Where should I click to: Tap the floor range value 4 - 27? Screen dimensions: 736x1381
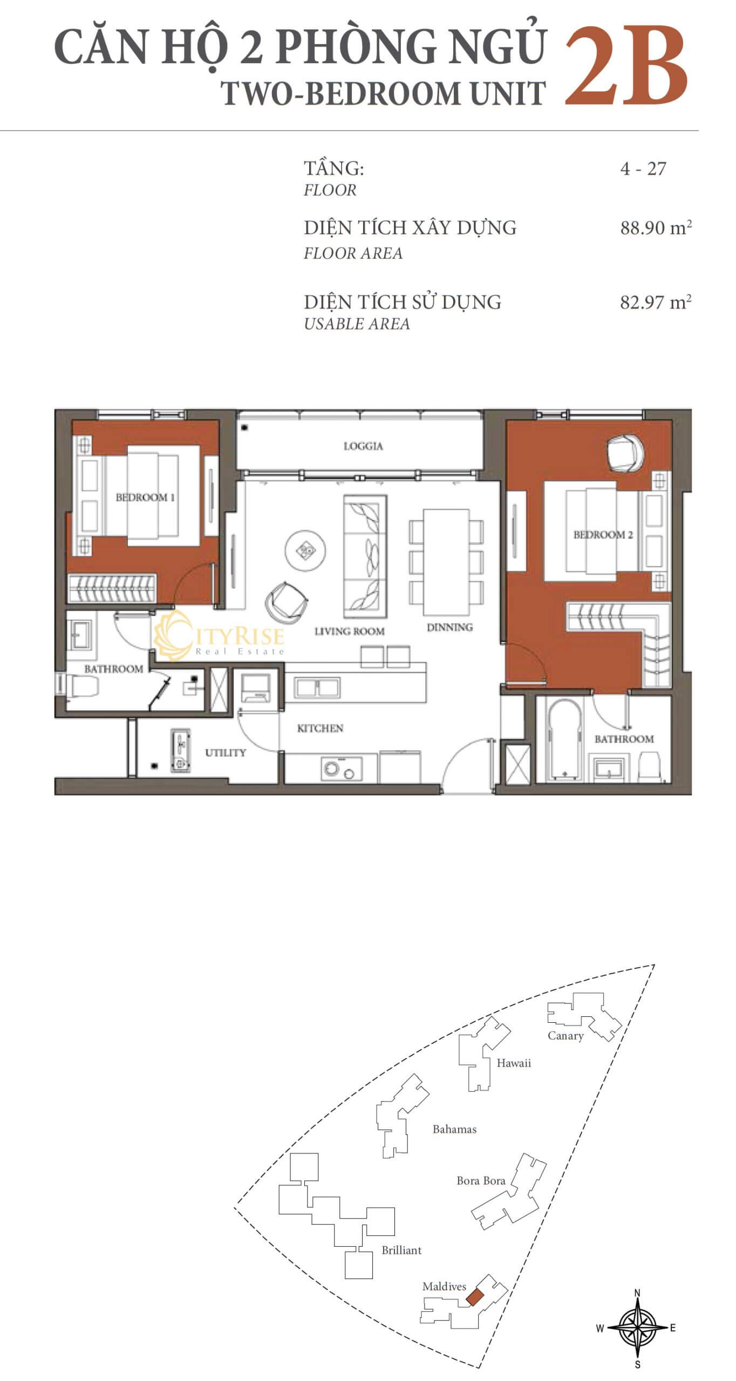(643, 168)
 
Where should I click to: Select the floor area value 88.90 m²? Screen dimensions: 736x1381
(656, 228)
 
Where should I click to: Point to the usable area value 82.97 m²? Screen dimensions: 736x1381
(656, 302)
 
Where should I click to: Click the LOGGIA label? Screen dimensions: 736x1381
(363, 446)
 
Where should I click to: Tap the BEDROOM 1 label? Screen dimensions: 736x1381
(145, 497)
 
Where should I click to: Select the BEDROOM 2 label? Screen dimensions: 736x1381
(603, 535)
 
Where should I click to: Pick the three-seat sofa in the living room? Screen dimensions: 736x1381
(365, 556)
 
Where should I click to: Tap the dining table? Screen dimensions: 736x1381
(446, 562)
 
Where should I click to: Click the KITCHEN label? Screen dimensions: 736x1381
(320, 728)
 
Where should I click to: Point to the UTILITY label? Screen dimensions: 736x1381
(226, 753)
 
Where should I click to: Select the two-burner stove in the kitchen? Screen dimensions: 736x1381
(342, 769)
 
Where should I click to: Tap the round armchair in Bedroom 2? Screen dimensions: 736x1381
(625, 452)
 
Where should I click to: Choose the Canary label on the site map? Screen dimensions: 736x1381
(565, 1035)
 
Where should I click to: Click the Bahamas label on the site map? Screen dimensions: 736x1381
(454, 1129)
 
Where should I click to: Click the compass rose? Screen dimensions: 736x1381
(637, 1328)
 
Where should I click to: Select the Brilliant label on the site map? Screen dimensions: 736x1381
(401, 1250)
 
